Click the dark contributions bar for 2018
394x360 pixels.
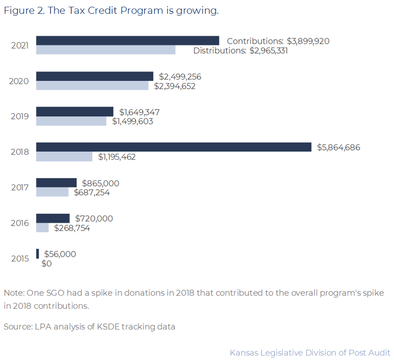click(173, 147)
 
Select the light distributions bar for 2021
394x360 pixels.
click(105, 50)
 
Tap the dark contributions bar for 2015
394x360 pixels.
click(37, 254)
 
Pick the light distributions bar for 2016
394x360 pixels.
click(42, 228)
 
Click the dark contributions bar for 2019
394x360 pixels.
click(74, 111)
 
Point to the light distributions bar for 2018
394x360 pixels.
click(64, 157)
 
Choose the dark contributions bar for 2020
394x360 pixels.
click(95, 76)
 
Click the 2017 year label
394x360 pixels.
click(20, 187)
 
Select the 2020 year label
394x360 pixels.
click(19, 81)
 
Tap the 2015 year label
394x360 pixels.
click(20, 259)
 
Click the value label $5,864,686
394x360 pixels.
click(339, 147)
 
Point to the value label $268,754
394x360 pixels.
click(72, 228)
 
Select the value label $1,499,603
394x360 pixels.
click(133, 121)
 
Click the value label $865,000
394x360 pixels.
click(100, 183)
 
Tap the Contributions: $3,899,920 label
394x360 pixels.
click(278, 41)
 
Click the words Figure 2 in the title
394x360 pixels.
click(23, 11)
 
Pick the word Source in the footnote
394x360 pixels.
click(17, 327)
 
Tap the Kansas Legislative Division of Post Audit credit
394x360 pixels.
click(310, 352)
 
